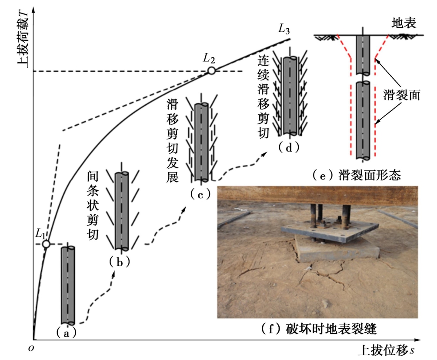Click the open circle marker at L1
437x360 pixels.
click(46, 244)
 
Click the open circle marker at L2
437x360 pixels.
click(211, 71)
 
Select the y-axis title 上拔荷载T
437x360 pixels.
click(22, 38)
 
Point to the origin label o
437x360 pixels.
click(31, 348)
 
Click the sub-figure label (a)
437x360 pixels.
click(67, 332)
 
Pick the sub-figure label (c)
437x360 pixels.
click(200, 195)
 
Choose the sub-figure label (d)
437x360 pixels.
click(289, 148)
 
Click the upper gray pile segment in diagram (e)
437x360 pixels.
click(363, 54)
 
